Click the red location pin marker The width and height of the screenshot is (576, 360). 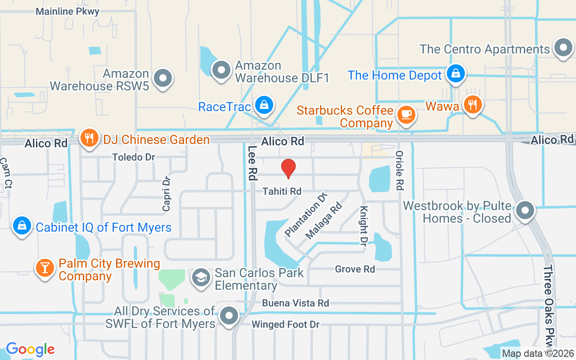pos(288,168)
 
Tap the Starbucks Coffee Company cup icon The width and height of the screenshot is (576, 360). pos(406,115)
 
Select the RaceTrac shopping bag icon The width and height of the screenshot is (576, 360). pos(264,105)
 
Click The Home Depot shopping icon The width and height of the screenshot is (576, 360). pos(456,73)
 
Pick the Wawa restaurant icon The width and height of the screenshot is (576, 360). pos(472,105)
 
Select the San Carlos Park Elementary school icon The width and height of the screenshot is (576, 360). pos(201,278)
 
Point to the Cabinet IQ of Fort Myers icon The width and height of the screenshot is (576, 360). pos(22,226)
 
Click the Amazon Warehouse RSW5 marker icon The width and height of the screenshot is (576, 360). pos(163,79)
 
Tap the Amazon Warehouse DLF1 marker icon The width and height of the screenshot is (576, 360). pos(221,70)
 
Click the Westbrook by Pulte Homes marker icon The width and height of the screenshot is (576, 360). pos(524,210)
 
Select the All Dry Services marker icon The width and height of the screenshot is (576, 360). pos(229,316)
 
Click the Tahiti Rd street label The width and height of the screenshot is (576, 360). pos(282,191)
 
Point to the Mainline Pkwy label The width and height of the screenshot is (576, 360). pos(67,12)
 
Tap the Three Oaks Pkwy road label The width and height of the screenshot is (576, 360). pos(549,306)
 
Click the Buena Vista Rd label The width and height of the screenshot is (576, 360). pos(296,303)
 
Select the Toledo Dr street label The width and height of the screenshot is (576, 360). pos(134,157)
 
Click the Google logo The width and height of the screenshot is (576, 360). pos(31,349)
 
